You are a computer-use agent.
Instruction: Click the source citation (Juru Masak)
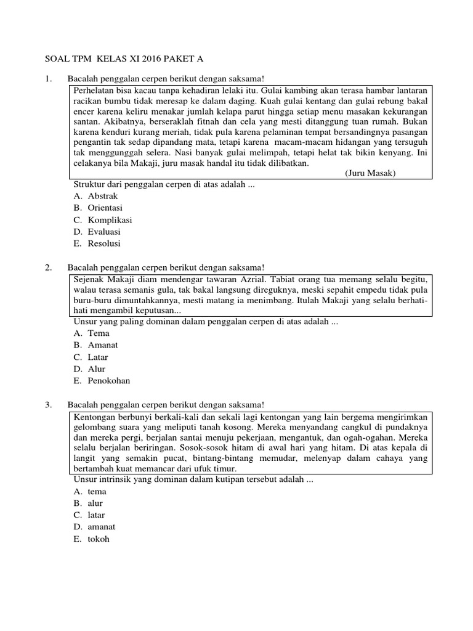(371, 173)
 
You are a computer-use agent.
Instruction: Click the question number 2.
(48, 267)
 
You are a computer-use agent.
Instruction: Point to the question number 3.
(48, 404)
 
